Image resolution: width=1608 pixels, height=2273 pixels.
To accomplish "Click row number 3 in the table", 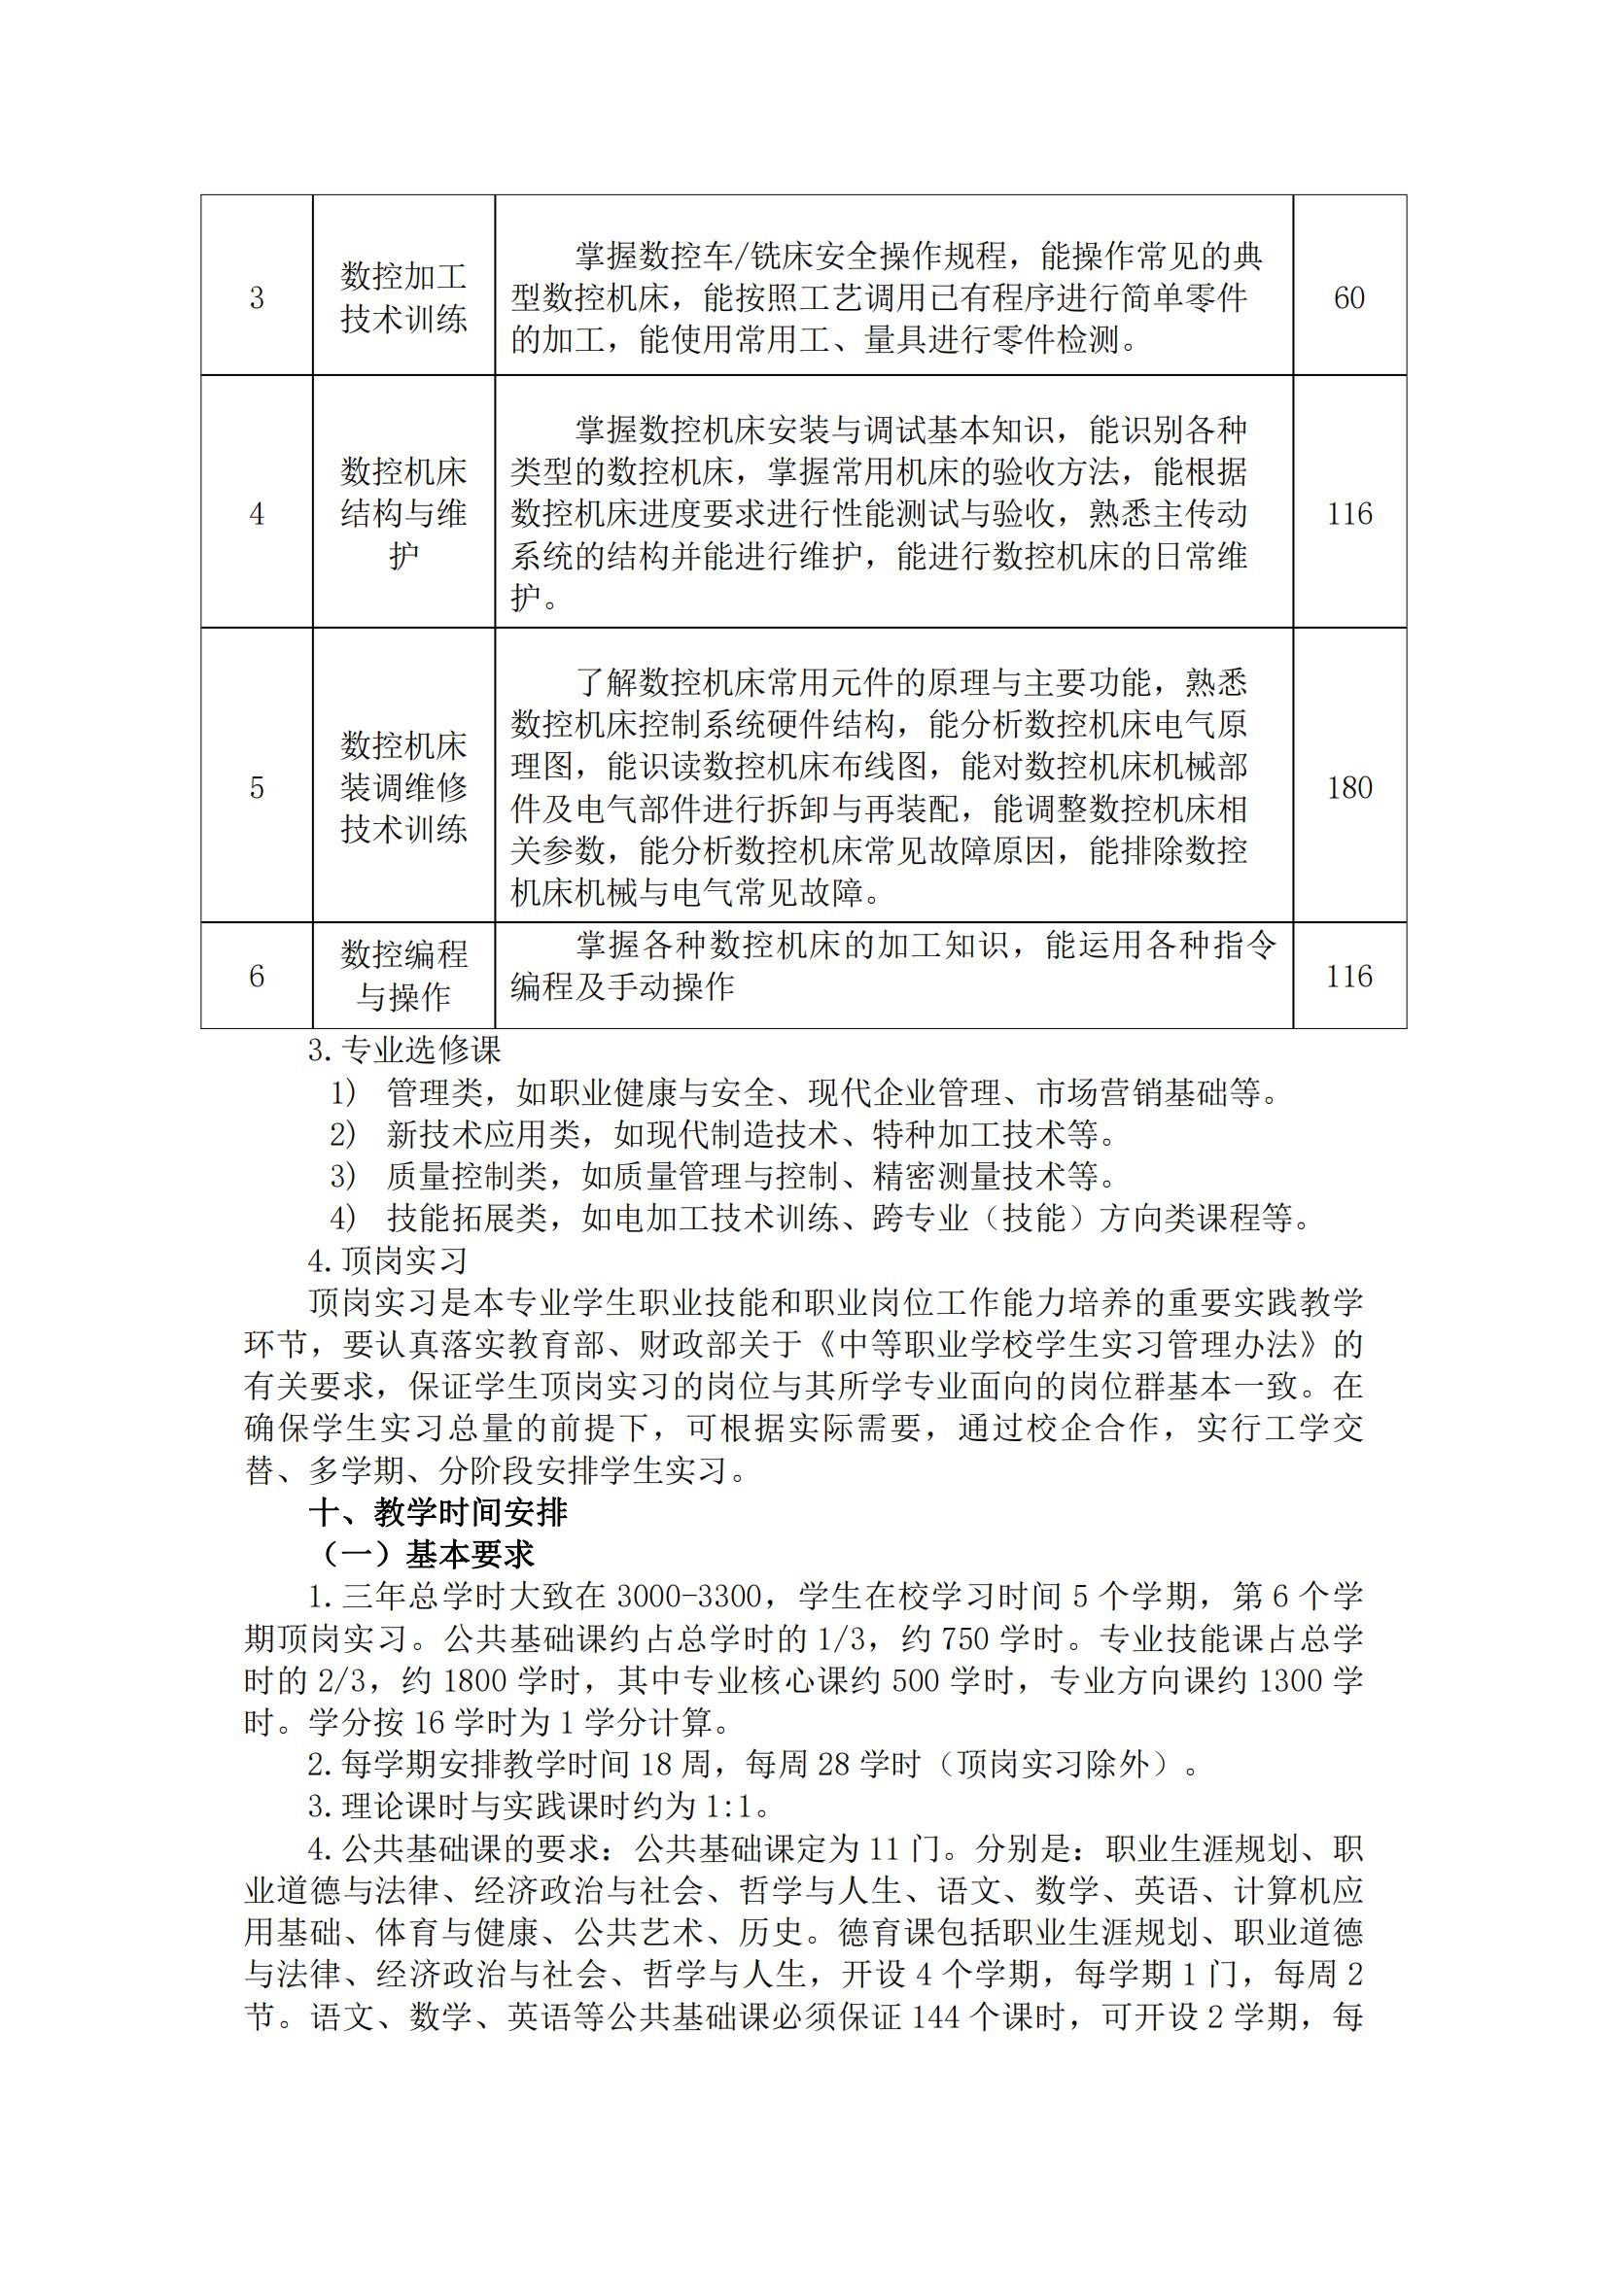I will (257, 298).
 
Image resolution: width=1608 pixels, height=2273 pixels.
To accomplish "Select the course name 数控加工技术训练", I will (404, 297).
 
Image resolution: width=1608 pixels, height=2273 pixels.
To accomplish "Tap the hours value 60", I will (1348, 298).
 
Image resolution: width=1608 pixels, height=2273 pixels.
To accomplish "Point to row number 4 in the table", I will (257, 514).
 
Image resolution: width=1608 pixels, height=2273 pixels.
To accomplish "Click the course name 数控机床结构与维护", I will (404, 514).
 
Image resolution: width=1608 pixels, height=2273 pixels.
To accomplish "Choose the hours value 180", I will (1348, 788).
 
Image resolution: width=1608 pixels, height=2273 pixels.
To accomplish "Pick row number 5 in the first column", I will (257, 788).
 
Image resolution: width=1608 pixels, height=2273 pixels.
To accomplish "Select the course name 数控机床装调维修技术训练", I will (404, 787).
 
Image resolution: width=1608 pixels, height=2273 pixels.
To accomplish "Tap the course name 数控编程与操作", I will (404, 975).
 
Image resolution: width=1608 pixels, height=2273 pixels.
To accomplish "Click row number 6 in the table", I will (257, 977).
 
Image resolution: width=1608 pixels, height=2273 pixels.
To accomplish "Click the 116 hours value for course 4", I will (1348, 514).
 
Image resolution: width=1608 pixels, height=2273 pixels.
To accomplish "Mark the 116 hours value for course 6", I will (1348, 977).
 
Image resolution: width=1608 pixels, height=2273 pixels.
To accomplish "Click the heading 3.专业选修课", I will (405, 1050).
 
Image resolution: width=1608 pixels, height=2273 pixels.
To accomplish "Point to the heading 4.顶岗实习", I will (387, 1260).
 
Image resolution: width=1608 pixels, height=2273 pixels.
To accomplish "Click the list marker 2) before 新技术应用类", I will (341, 1134).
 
